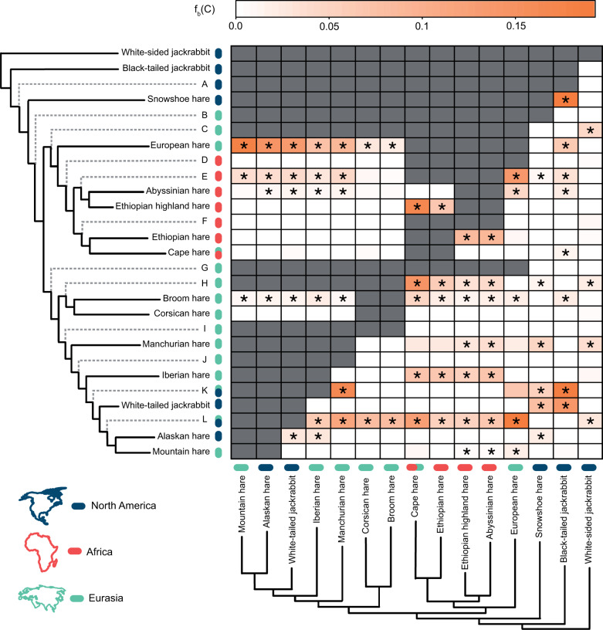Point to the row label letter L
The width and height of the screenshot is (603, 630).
pyautogui.click(x=205, y=420)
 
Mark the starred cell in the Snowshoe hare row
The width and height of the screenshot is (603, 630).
pyautogui.click(x=566, y=100)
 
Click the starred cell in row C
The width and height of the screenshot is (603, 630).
pyautogui.click(x=591, y=130)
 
